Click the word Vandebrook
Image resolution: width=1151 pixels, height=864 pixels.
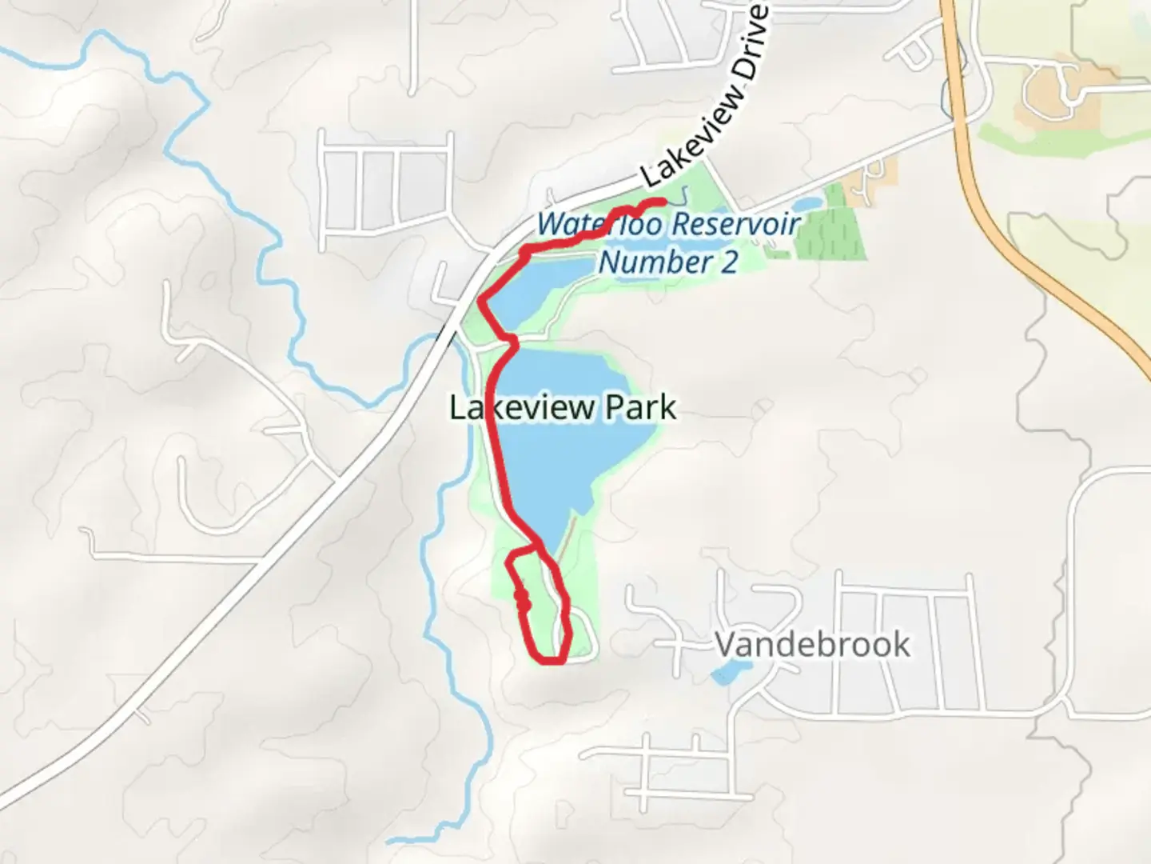tap(811, 645)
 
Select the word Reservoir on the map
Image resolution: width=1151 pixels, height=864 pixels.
tap(735, 224)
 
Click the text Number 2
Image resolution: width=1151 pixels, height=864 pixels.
tap(668, 262)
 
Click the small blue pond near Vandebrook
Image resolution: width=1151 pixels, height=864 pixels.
tap(726, 674)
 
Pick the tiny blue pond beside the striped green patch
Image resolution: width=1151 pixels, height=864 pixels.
tap(806, 206)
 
